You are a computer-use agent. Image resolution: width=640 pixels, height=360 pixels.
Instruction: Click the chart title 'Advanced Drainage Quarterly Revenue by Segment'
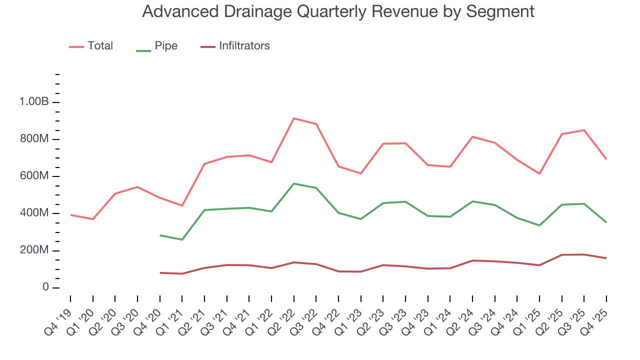tap(338, 11)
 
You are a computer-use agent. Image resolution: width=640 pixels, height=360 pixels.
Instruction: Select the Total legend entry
tap(100, 46)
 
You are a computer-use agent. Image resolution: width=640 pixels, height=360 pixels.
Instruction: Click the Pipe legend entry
tap(166, 46)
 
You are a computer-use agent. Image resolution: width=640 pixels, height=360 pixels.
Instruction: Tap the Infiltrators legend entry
tap(244, 46)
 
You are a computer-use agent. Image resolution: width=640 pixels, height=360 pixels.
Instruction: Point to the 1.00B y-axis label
tap(33, 102)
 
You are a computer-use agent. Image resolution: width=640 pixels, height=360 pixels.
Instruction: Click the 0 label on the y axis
tap(45, 288)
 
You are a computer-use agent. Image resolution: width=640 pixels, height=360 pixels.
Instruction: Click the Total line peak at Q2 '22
tap(294, 118)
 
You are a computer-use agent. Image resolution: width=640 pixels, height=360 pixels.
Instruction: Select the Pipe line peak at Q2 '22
tap(294, 183)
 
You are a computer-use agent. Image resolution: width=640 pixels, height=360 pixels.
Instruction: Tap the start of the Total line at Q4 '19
tap(70, 215)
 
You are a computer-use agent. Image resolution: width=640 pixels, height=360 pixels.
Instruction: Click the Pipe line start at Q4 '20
tap(160, 235)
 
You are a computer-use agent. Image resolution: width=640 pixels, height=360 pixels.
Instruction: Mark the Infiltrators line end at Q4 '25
tap(606, 258)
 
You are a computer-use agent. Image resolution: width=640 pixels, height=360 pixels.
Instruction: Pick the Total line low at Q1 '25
tap(539, 173)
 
